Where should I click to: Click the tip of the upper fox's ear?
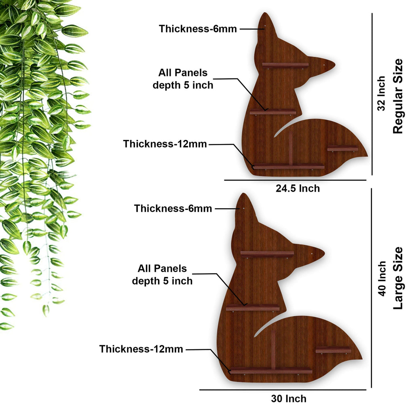(265, 13)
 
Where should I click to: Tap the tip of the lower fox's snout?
(325, 253)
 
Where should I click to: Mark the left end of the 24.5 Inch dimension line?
(224, 180)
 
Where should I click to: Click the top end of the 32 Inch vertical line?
(372, 13)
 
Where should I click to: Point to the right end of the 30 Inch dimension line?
(366, 389)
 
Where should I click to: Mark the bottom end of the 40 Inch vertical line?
(372, 388)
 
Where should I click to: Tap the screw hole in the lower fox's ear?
(243, 208)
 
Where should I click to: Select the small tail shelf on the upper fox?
(343, 148)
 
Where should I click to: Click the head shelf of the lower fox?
(267, 254)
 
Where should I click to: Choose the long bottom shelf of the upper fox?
(288, 166)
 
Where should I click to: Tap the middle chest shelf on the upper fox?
(273, 112)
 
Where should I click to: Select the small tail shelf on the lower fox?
(333, 350)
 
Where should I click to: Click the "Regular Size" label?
(398, 96)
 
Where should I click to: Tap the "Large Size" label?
(398, 278)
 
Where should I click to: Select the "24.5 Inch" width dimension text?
(298, 188)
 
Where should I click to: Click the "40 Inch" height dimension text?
(381, 279)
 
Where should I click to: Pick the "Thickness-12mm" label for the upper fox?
(165, 144)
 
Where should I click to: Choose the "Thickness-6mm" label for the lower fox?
(173, 208)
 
